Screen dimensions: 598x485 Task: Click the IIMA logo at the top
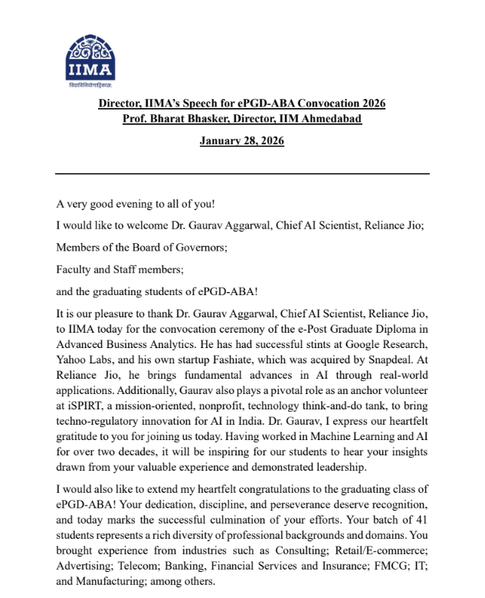[90, 59]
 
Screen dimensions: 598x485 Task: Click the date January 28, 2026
[241, 141]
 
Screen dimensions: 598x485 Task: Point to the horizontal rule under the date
[242, 174]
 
